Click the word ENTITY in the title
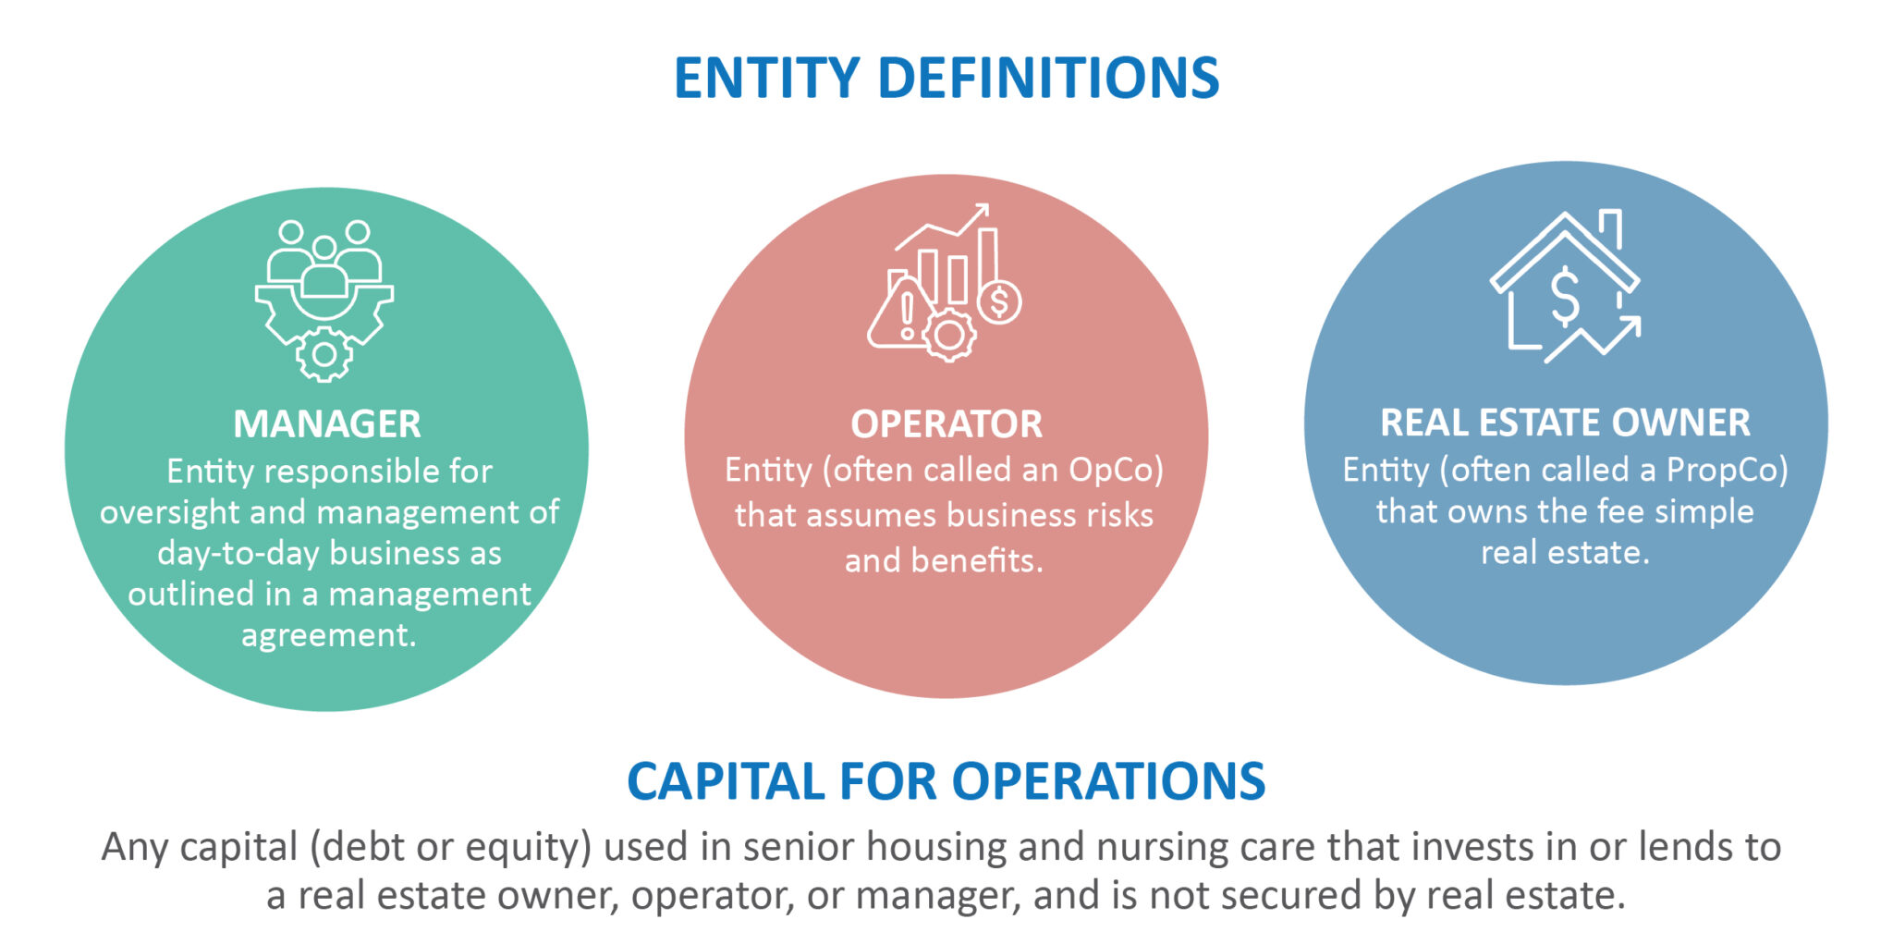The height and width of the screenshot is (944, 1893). pyautogui.click(x=767, y=78)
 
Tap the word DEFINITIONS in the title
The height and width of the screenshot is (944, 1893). pyautogui.click(x=1049, y=78)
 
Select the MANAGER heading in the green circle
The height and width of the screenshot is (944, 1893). pyautogui.click(x=327, y=424)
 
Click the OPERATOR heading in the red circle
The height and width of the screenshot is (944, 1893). pyautogui.click(x=946, y=424)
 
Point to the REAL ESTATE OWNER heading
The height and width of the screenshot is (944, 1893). pyautogui.click(x=1565, y=423)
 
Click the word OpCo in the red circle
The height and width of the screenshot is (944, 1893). pyautogui.click(x=1112, y=471)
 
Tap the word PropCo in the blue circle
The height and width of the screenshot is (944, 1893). pyautogui.click(x=1722, y=471)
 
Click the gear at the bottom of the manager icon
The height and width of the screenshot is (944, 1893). pyautogui.click(x=324, y=354)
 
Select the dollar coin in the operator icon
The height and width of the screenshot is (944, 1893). pyautogui.click(x=999, y=301)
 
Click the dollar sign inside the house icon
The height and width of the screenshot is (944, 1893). pyautogui.click(x=1564, y=296)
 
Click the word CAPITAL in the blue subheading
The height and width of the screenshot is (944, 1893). pyautogui.click(x=727, y=781)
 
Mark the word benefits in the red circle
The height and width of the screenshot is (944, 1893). pyautogui.click(x=977, y=560)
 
